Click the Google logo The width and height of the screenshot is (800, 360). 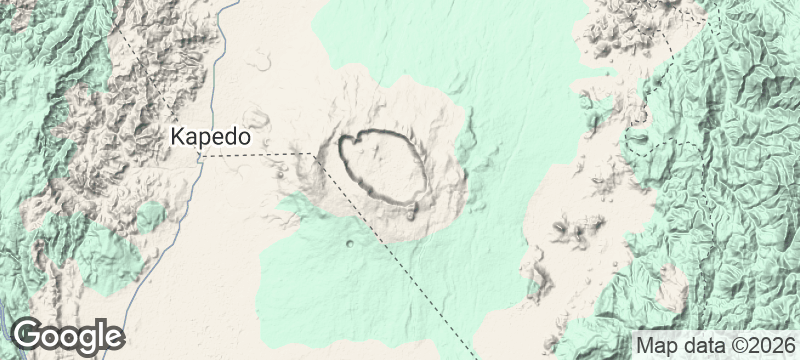(68, 336)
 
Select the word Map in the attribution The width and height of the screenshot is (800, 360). (655, 345)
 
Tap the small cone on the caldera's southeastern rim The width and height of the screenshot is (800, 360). (412, 209)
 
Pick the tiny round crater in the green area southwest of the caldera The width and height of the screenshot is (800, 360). (348, 244)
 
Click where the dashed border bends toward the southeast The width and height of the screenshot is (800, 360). (313, 155)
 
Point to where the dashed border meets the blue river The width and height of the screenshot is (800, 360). (201, 155)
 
